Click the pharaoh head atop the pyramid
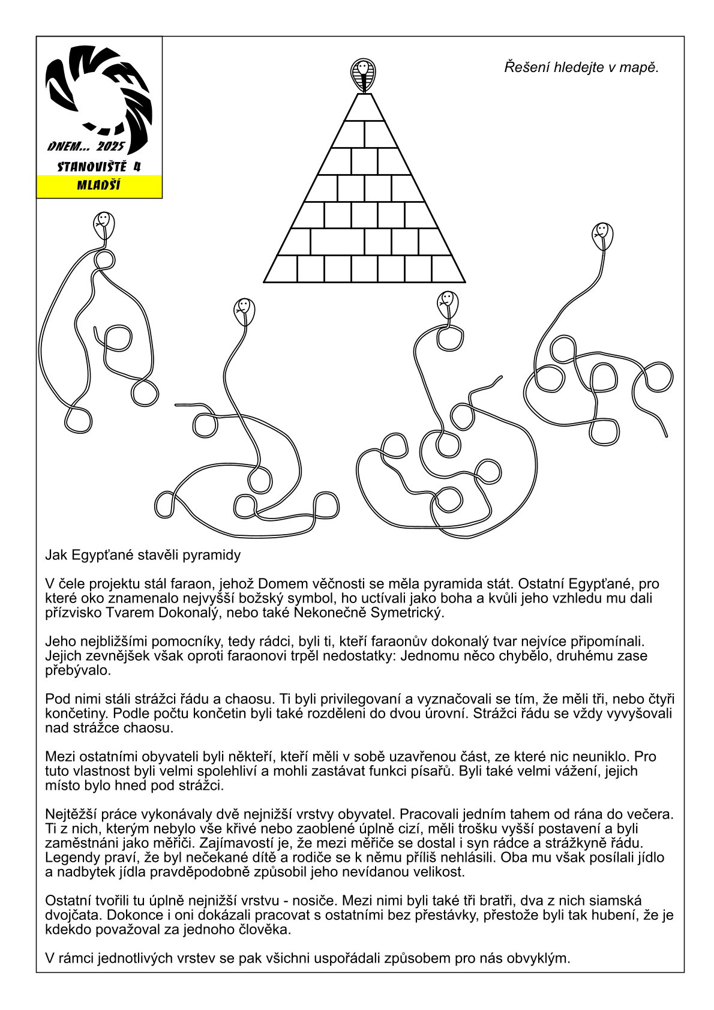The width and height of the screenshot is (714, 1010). click(362, 74)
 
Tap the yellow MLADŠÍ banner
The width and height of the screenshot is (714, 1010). click(99, 185)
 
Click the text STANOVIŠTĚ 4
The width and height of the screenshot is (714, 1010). click(99, 167)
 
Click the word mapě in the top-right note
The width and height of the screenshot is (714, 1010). click(642, 67)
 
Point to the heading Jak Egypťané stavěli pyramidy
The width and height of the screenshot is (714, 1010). click(143, 555)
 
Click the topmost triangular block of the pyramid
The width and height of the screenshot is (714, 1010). click(362, 108)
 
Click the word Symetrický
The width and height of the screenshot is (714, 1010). click(409, 613)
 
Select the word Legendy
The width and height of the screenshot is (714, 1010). click(70, 858)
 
